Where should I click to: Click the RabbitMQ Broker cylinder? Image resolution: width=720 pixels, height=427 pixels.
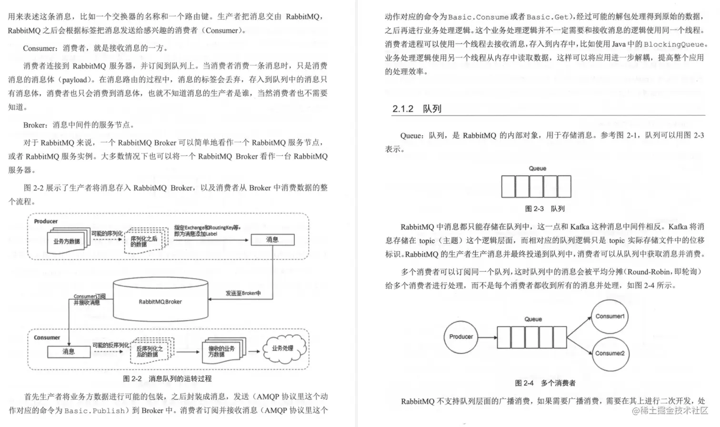[x=160, y=301]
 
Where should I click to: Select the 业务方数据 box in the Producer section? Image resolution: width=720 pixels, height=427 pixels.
[x=67, y=241]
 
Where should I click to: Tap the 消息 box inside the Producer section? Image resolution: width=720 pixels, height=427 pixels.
[x=272, y=240]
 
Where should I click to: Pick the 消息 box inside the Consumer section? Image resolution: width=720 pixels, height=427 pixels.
[x=69, y=352]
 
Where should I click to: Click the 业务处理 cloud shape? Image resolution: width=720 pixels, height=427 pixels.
[x=283, y=349]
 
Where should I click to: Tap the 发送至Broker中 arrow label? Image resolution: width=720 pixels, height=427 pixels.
[x=243, y=293]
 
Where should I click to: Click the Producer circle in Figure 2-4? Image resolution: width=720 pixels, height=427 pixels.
[x=461, y=337]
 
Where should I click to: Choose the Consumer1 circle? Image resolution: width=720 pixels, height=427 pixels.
[x=610, y=317]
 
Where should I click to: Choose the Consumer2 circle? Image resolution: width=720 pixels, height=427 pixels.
[x=610, y=353]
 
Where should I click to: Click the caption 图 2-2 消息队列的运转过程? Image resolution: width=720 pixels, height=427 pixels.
[x=167, y=379]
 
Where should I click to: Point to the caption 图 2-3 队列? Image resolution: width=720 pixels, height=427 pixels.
[x=544, y=209]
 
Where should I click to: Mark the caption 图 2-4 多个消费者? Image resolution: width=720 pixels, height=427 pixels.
[x=545, y=383]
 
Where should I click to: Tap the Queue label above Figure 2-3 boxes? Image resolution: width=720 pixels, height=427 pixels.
[x=537, y=169]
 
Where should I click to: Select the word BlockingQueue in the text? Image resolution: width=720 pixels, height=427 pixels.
[x=673, y=44]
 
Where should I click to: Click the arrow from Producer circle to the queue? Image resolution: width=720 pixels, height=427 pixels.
[x=487, y=338]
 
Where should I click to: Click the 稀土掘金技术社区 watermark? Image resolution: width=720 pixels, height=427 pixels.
[x=670, y=411]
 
